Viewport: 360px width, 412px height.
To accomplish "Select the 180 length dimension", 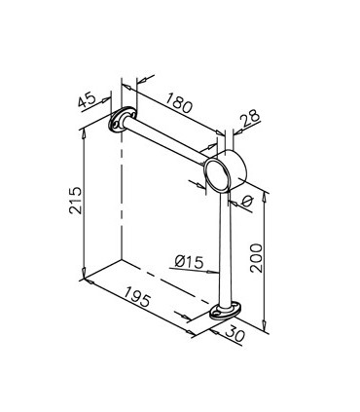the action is click(x=179, y=102).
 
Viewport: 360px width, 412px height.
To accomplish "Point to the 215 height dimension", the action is click(x=76, y=200).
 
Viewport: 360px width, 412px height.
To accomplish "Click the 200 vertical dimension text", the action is click(x=256, y=258).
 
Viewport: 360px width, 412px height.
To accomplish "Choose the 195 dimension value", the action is click(x=137, y=296).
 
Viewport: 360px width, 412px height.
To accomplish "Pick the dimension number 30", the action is click(x=234, y=334).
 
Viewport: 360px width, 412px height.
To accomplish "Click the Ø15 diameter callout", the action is click(x=189, y=262).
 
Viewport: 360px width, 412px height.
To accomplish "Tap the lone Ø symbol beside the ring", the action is click(x=246, y=202).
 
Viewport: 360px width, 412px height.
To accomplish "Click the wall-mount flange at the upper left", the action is click(x=121, y=119).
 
